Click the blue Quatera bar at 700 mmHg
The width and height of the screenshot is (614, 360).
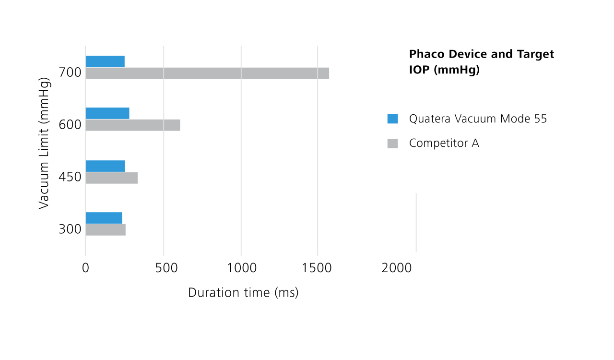point(105,61)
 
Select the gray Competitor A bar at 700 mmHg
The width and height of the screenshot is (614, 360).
point(207,73)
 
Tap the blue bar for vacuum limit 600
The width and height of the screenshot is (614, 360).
point(107,113)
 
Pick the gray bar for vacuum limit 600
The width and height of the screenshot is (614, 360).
point(133,125)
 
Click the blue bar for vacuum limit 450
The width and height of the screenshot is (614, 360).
point(105,166)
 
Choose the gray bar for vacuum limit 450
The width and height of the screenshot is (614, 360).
point(112,178)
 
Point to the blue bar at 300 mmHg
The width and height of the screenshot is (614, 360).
point(104,218)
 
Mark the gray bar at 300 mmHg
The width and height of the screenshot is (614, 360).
point(106,230)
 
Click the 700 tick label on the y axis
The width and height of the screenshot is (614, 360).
point(70,73)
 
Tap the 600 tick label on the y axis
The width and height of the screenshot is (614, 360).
point(70,125)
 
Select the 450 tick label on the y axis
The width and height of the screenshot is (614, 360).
point(70,178)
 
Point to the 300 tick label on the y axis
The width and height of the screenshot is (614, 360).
point(70,229)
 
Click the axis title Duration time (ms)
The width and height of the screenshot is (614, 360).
point(243,292)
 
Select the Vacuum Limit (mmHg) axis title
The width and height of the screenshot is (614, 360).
point(44,143)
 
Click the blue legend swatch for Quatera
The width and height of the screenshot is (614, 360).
point(392,119)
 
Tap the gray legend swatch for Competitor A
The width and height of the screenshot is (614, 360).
point(392,143)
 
